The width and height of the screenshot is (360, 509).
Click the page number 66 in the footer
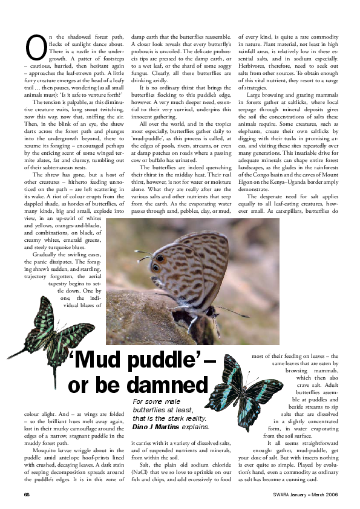point(27,494)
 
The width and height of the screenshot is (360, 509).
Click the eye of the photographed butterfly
point(155,267)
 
